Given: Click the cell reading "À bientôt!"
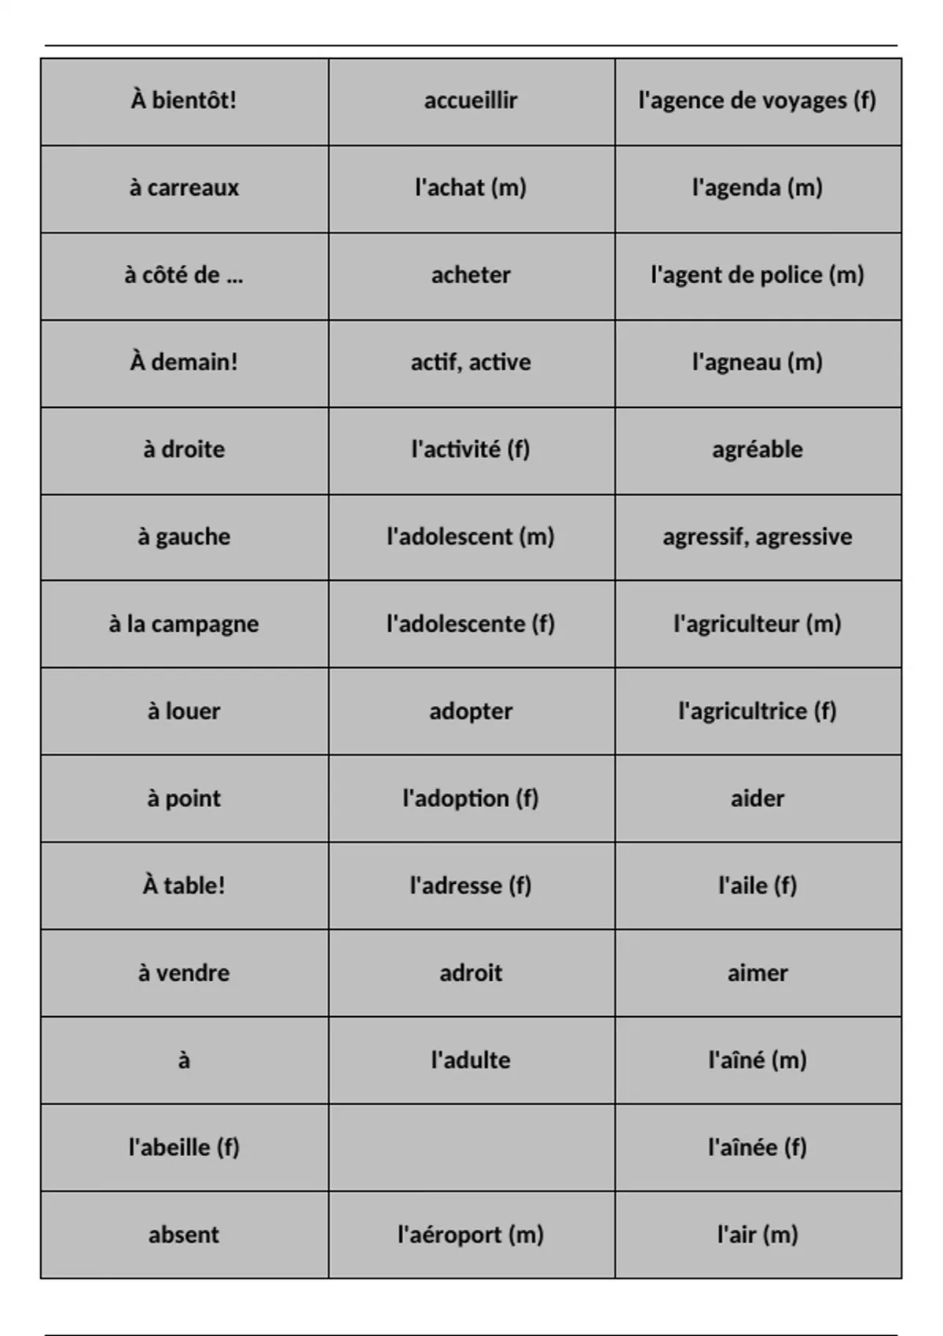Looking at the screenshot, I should click(x=184, y=101).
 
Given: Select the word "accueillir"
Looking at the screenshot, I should click(x=471, y=101).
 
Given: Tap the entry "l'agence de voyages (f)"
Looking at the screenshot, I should click(x=757, y=101).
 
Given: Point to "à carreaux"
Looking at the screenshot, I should click(x=184, y=188).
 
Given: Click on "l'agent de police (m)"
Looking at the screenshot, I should click(x=757, y=275).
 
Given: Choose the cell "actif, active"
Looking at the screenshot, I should click(x=471, y=362).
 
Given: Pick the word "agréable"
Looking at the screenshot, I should click(x=757, y=450).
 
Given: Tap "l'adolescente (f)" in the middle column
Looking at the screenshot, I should click(x=471, y=624).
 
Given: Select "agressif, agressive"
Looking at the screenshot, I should click(x=757, y=537).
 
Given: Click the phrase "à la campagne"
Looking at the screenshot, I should click(x=184, y=624).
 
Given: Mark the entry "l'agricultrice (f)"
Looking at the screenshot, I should click(x=757, y=711).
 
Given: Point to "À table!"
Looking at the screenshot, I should click(x=184, y=886).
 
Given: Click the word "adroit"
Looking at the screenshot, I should click(x=471, y=973).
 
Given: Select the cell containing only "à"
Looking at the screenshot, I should click(x=184, y=1061).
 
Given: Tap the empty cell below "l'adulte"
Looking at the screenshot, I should click(x=471, y=1147).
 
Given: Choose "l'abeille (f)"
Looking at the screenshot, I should click(x=184, y=1147).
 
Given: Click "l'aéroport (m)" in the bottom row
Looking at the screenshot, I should click(x=471, y=1235).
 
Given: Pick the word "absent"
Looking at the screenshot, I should click(x=184, y=1235).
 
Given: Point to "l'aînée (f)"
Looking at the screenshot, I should click(x=757, y=1147).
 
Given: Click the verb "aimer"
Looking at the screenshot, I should click(x=757, y=973).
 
